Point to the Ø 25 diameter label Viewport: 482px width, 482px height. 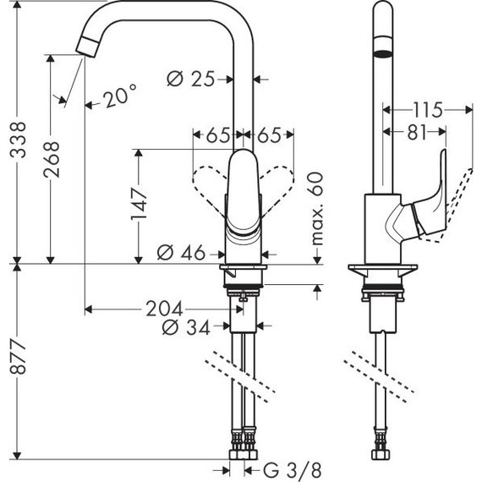coord(189,79)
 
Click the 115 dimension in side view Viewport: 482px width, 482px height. coord(429,108)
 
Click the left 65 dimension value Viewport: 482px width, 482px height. coord(216,134)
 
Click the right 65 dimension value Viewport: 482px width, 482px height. coord(270,134)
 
